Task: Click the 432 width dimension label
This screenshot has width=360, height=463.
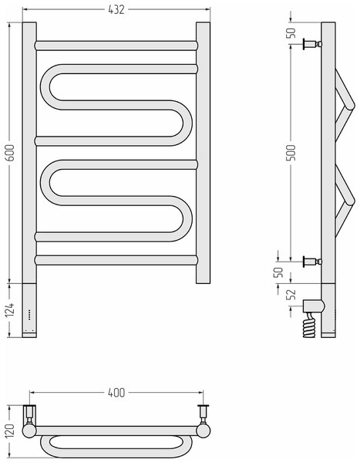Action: (x=116, y=10)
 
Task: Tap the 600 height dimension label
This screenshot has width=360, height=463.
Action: (x=10, y=152)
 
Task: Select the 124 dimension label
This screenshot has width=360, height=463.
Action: (x=10, y=309)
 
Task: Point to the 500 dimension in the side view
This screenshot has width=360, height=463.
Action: (x=291, y=152)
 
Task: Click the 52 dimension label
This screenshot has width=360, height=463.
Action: (x=291, y=294)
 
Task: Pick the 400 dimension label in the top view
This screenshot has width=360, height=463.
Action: (x=116, y=393)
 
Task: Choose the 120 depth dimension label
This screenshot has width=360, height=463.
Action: (x=10, y=431)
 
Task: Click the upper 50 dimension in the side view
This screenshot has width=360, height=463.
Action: (x=291, y=32)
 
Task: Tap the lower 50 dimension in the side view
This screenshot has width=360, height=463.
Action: (x=278, y=272)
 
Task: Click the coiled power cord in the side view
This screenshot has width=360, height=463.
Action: (x=309, y=326)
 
